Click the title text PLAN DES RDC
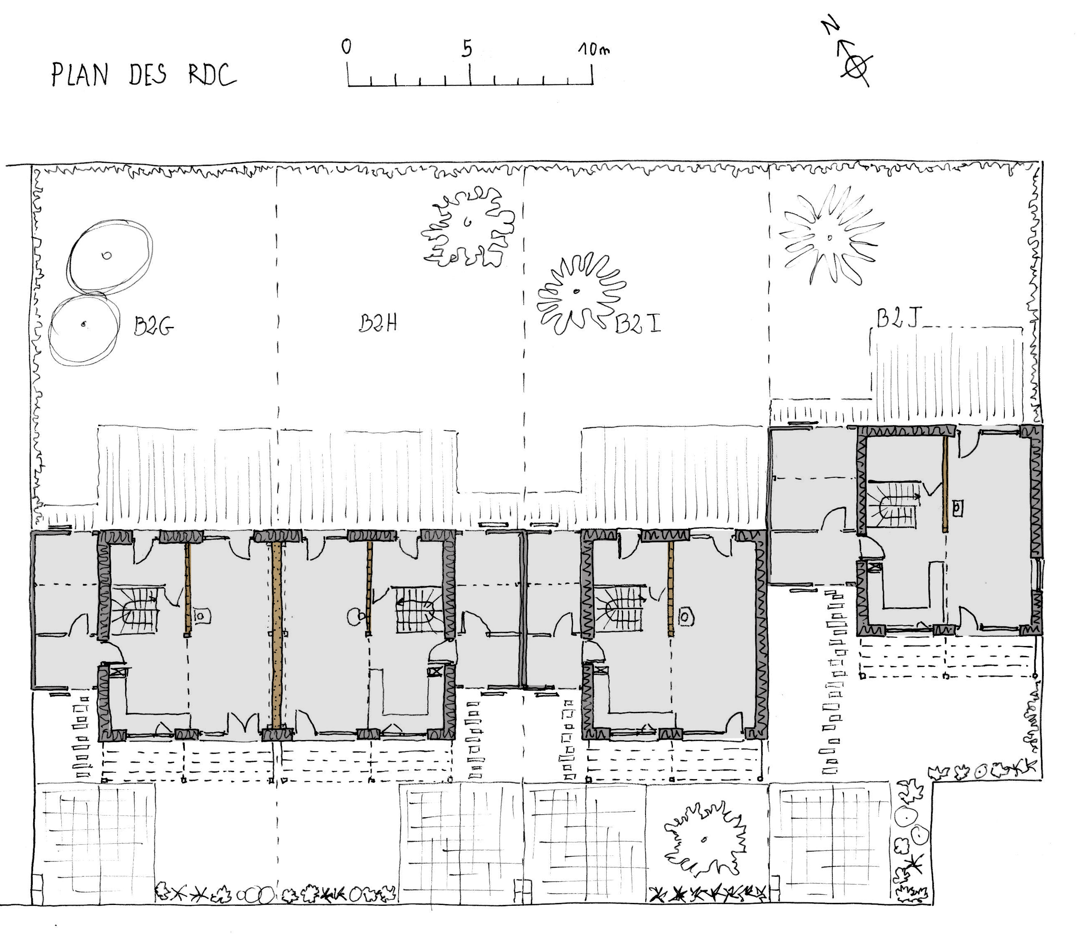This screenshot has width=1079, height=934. tap(144, 75)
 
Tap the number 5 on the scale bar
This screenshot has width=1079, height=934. tap(467, 48)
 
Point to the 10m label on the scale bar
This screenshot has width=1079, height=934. tap(594, 49)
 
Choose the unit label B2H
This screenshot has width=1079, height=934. tap(378, 324)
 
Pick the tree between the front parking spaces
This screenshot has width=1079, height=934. tap(705, 839)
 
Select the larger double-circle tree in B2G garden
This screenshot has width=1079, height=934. tap(110, 256)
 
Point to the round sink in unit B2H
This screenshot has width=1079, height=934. tap(356, 617)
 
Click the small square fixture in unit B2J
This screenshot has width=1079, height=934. tap(958, 508)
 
